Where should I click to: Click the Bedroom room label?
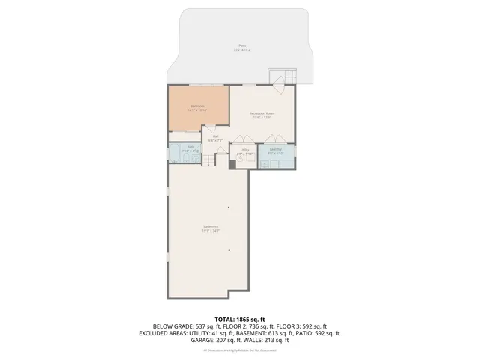198,107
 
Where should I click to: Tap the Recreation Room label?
262,114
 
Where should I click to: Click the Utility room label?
244,151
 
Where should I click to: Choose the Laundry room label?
275,151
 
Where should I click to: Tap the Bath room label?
191,148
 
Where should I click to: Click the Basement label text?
210,228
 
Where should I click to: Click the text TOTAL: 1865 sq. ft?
239,319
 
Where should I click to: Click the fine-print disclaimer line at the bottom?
239,349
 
